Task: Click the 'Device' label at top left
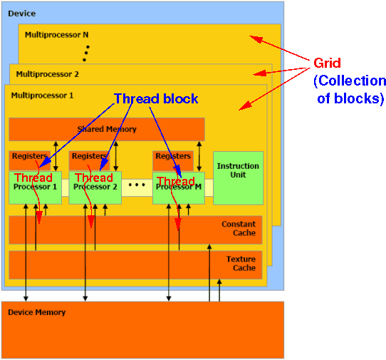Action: pos(21,14)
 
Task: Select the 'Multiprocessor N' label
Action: pos(56,34)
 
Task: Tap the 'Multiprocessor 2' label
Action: pos(48,73)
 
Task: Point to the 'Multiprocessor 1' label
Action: pos(42,95)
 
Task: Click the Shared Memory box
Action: pos(106,129)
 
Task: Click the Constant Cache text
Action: pos(238,229)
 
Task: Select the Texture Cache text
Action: pos(240,264)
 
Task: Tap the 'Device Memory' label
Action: pos(36,312)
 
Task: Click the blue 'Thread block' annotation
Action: pos(156,98)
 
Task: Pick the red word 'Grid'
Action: pos(328,63)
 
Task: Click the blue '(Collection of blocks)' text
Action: pos(349,90)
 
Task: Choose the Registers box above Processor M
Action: pos(173,156)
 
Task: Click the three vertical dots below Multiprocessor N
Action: pos(86,53)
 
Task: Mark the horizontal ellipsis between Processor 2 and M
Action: pos(137,185)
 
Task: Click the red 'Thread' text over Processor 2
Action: pos(93,178)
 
